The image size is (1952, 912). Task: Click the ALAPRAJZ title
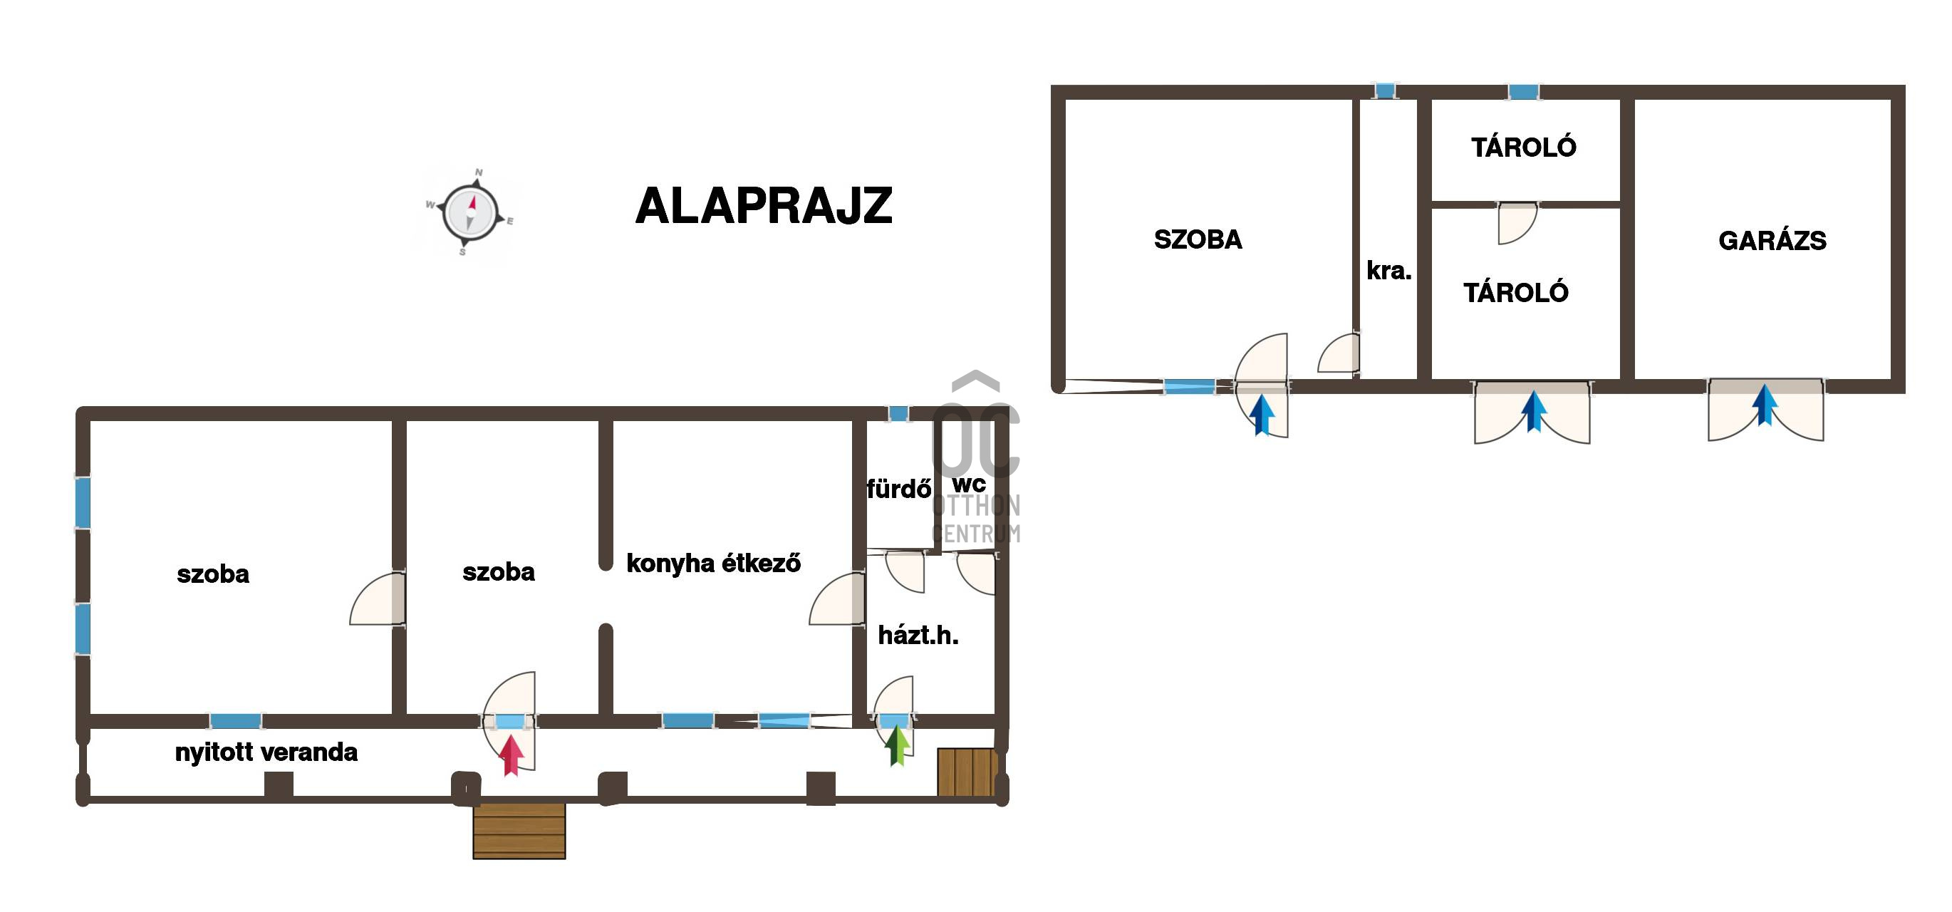pos(764,206)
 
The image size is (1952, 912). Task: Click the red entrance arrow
pos(512,755)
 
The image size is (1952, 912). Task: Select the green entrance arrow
pos(898,745)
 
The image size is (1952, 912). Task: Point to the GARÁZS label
pos(1772,241)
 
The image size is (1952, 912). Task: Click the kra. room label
pos(1389,271)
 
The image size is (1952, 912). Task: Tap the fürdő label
pos(899,489)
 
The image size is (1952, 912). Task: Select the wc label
pos(969,484)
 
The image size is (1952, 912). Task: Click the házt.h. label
pos(918,636)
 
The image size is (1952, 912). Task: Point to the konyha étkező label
pos(713,564)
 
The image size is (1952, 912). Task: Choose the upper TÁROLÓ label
pos(1523,147)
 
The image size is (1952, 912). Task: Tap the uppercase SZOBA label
pos(1198,239)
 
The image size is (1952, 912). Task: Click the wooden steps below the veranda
pos(519,831)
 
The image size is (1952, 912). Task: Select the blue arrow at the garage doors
pos(1765,405)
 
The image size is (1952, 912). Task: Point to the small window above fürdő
pos(898,414)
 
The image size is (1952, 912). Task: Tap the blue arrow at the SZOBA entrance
pos(1262,415)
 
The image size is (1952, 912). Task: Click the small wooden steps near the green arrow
pos(967,772)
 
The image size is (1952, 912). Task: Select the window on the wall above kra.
pos(1385,91)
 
